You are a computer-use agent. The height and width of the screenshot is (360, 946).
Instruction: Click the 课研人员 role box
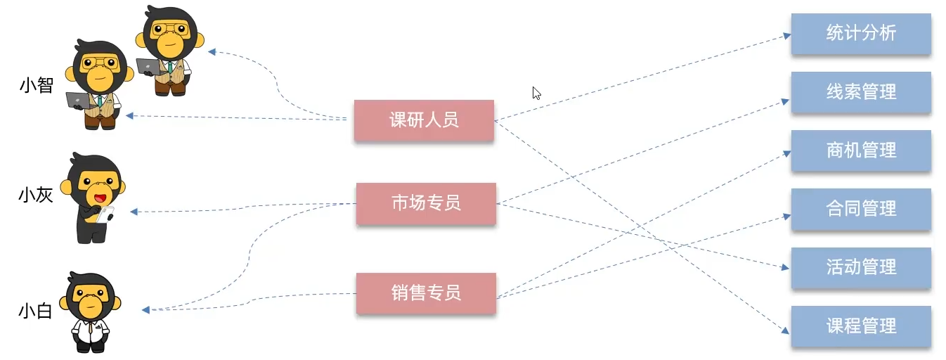pos(424,120)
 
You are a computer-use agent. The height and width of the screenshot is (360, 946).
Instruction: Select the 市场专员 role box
pos(426,203)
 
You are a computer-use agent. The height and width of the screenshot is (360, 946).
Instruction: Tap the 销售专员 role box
pos(426,292)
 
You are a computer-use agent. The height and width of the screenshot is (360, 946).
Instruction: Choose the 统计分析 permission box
pos(861,33)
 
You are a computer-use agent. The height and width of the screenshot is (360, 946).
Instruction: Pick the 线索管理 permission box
pos(861,92)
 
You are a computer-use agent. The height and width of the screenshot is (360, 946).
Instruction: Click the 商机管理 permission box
pos(861,150)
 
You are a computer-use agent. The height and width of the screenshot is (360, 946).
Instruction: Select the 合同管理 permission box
pos(861,209)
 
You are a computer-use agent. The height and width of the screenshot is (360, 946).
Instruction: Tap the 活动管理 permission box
pos(861,267)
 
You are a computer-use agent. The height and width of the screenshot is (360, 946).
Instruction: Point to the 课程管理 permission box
pos(861,326)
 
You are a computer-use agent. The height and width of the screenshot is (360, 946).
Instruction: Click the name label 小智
pos(36,86)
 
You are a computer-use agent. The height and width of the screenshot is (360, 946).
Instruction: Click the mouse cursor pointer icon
pos(536,93)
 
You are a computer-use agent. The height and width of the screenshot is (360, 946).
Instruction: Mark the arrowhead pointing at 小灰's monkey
pos(134,211)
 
